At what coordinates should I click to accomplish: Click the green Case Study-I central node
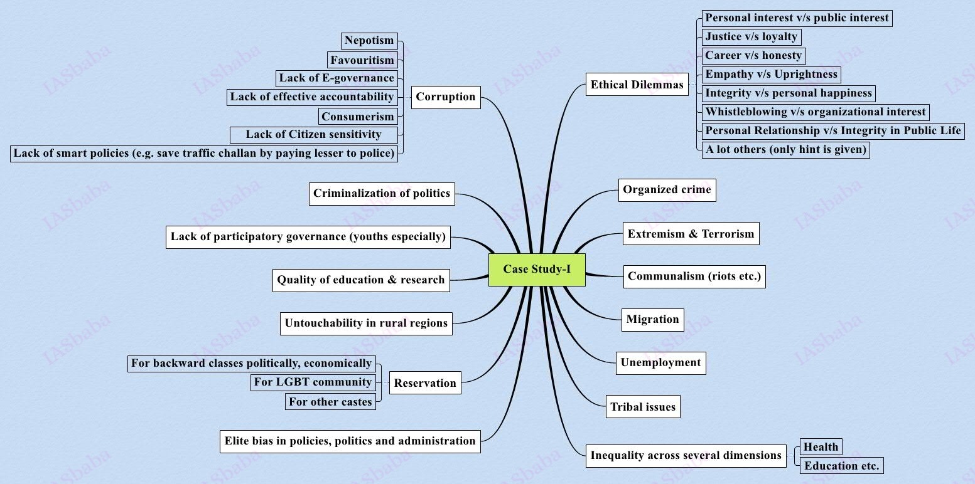(537, 270)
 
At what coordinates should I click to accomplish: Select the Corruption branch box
(446, 97)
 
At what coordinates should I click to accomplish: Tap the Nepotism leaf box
(369, 41)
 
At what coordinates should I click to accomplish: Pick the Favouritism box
(362, 60)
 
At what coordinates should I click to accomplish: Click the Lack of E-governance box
(337, 78)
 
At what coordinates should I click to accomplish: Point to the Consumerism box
(358, 117)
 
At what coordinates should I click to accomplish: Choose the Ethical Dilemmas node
(637, 85)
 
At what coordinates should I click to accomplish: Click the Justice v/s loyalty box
(751, 36)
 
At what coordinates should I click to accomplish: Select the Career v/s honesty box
(753, 55)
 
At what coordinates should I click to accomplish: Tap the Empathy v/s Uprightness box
(771, 74)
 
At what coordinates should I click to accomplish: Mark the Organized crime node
(667, 190)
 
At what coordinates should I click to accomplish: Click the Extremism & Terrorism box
(691, 234)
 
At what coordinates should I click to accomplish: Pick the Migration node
(652, 320)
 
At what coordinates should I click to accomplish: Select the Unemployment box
(660, 362)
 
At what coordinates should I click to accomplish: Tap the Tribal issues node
(643, 407)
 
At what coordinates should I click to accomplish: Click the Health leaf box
(821, 446)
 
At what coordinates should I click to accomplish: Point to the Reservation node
(425, 383)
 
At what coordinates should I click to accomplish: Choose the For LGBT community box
(313, 382)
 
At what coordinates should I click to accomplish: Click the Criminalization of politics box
(382, 193)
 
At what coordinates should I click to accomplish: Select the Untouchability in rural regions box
(366, 324)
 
